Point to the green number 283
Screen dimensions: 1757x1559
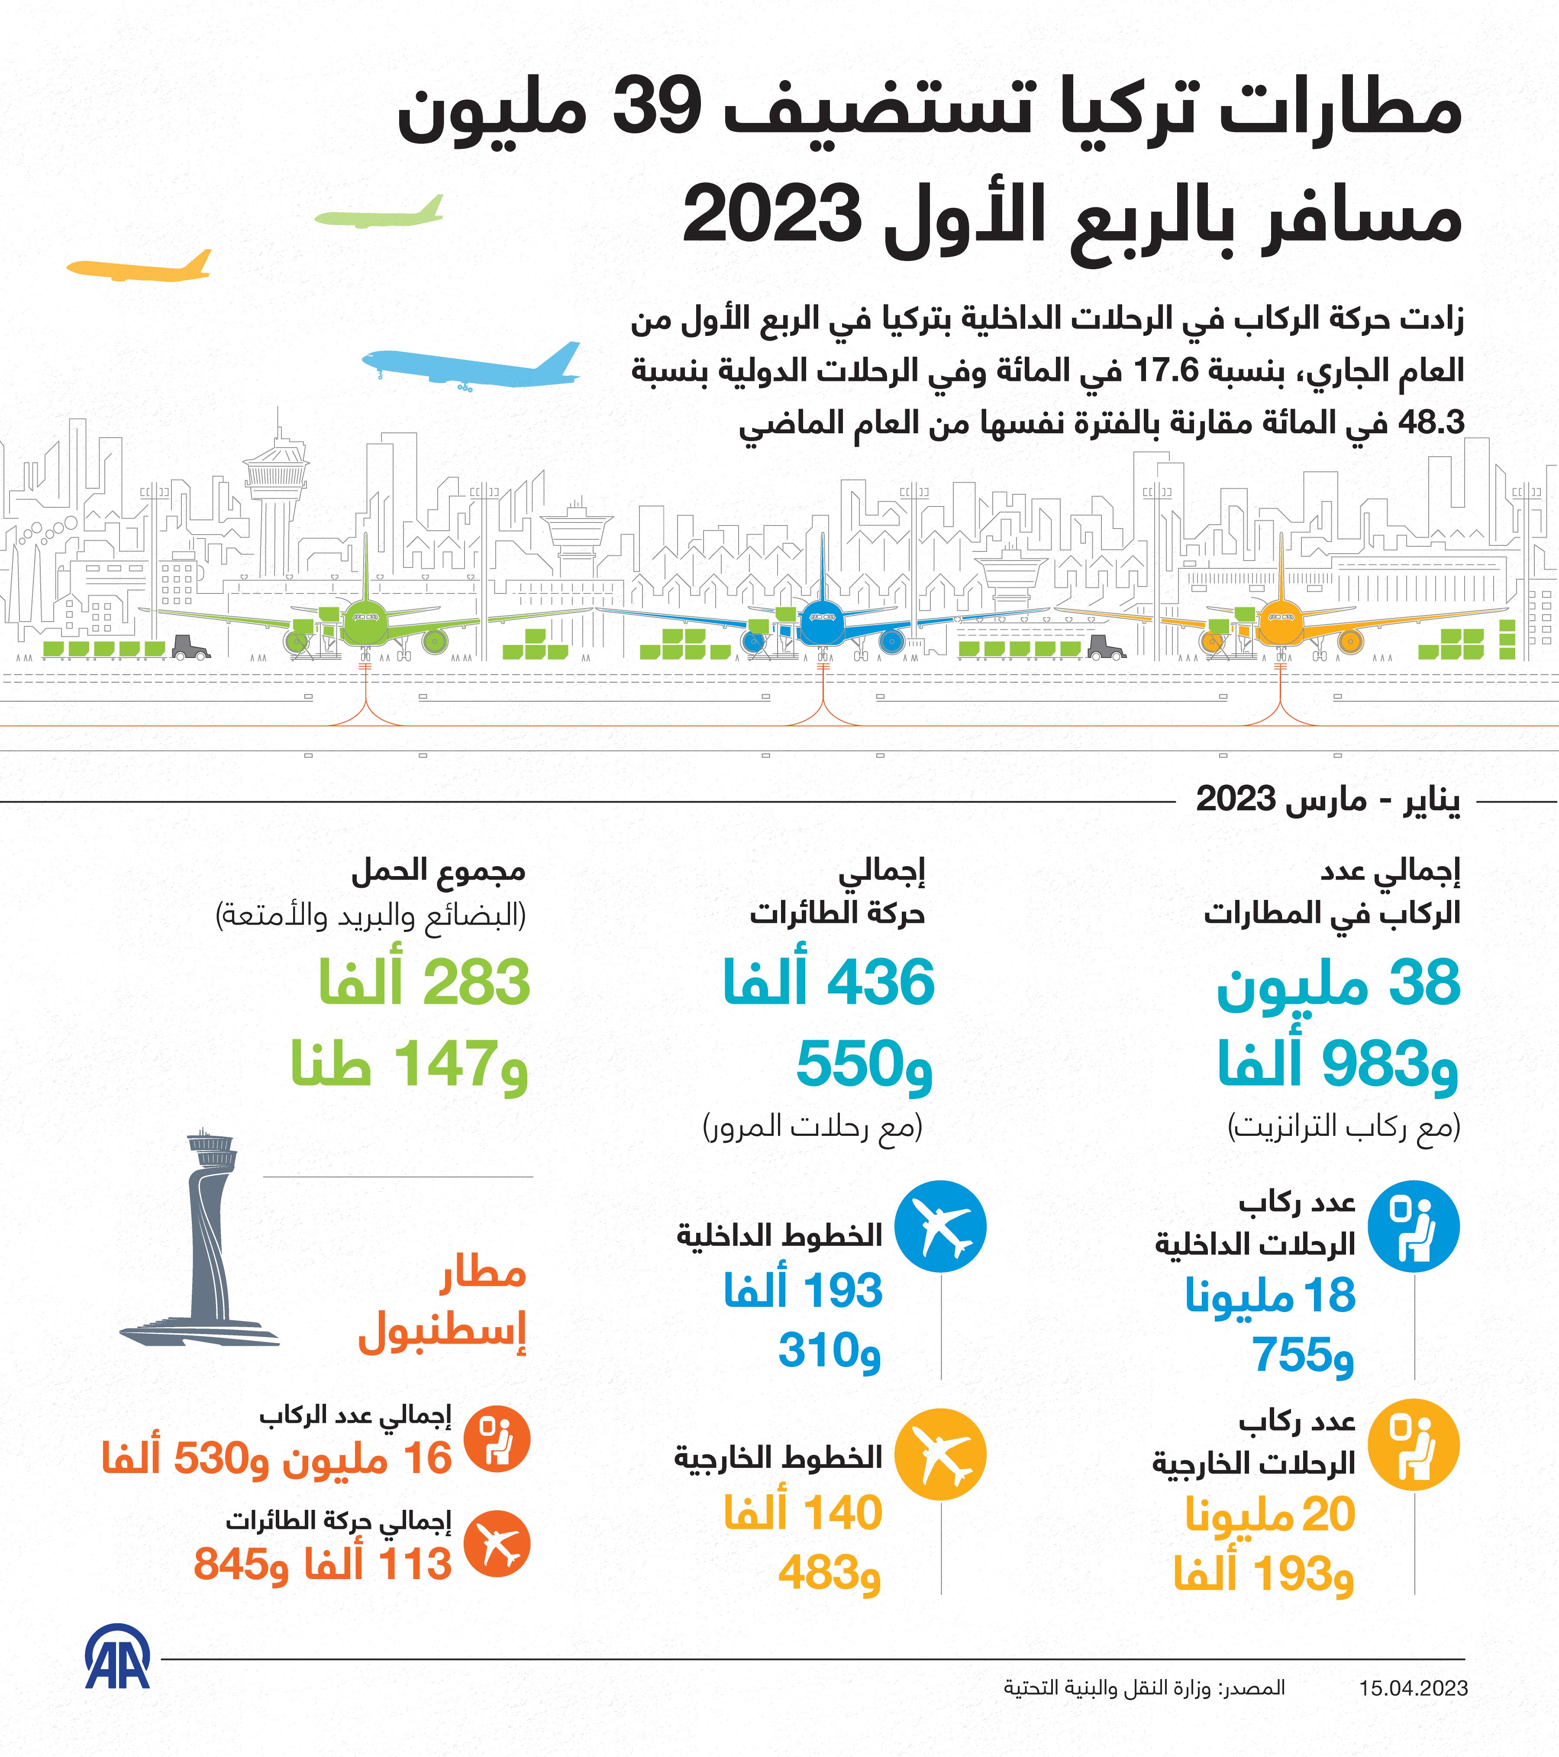[475, 983]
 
